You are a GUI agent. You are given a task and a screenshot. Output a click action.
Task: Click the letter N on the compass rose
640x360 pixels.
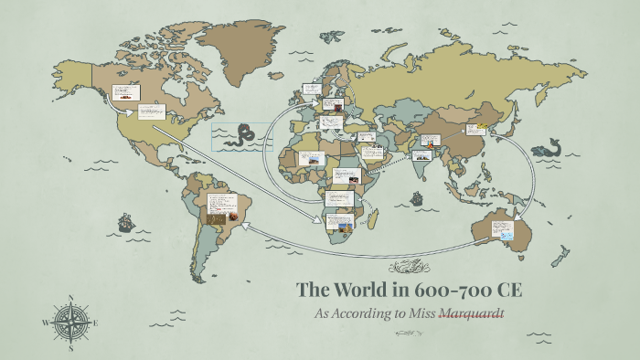pyautogui.click(x=71, y=297)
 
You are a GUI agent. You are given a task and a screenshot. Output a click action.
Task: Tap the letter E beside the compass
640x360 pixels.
pyautogui.click(x=95, y=323)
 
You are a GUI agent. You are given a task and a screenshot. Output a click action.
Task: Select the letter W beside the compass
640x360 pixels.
pyautogui.click(x=46, y=323)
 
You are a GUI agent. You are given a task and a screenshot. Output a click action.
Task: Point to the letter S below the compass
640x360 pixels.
pyautogui.click(x=71, y=348)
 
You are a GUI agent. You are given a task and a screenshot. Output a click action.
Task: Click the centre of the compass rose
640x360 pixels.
pyautogui.click(x=71, y=322)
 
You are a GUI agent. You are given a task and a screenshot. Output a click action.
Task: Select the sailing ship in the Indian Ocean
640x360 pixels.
pyautogui.click(x=418, y=198)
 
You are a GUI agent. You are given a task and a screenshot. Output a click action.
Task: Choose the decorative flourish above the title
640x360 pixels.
pyautogui.click(x=410, y=267)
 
